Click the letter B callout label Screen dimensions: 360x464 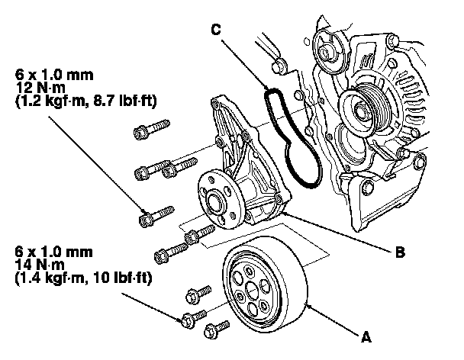tap(399, 250)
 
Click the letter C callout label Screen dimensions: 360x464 tap(218, 29)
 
